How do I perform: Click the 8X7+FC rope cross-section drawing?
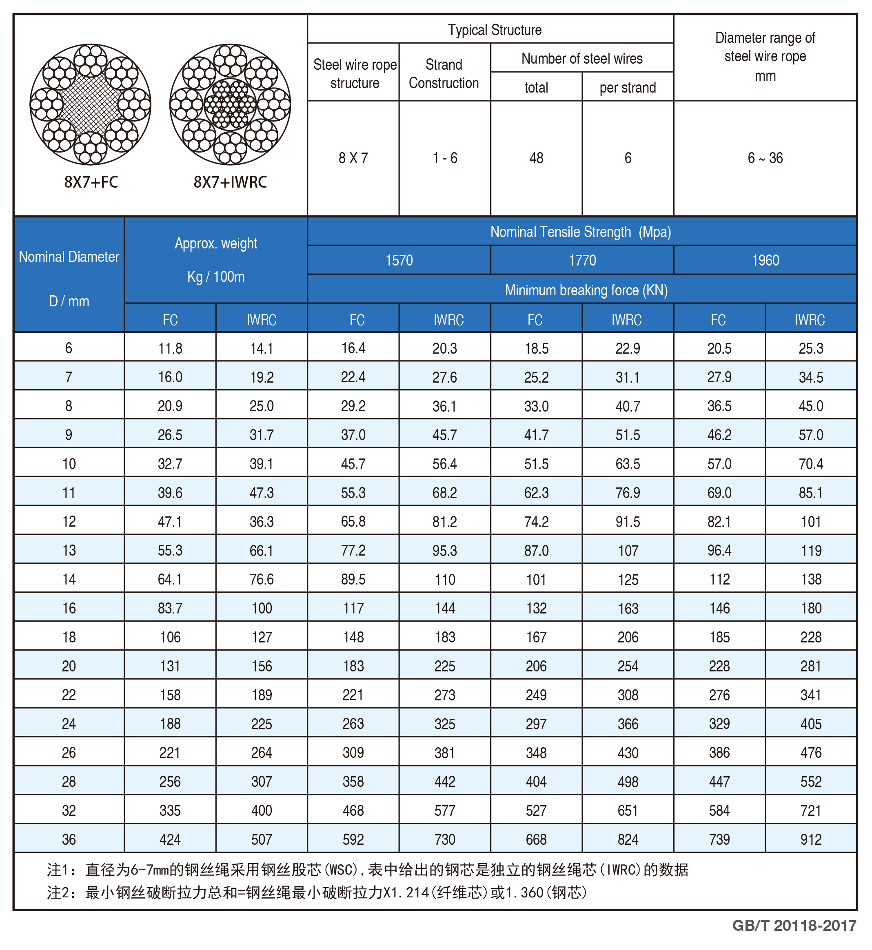coord(90,104)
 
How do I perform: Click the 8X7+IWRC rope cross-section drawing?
coord(230,104)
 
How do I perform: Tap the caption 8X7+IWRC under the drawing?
coord(230,182)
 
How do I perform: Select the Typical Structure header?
coord(495,30)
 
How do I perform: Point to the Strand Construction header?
coord(444,73)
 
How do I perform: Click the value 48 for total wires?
coord(536,158)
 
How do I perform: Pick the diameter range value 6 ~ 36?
coord(765,158)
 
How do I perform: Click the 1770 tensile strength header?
coord(582,260)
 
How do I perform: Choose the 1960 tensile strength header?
coord(765,260)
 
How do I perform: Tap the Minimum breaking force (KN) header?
coord(586,290)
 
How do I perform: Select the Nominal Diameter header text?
coord(69,257)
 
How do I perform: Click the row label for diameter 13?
coord(69,551)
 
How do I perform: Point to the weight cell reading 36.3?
coord(262,522)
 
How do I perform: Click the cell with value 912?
coord(811,839)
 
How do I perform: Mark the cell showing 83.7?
coord(170,609)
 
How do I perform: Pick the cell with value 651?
coord(628,811)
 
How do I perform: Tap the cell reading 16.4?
coord(353,349)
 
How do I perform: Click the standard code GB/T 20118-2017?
coord(794,926)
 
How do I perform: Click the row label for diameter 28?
coord(69,782)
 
